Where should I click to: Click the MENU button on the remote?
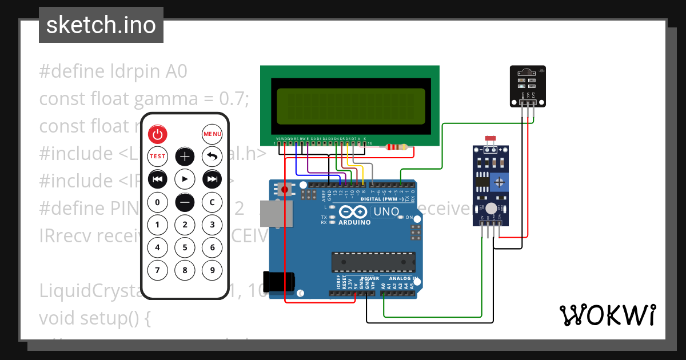click(x=212, y=134)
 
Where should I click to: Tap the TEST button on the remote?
click(x=158, y=156)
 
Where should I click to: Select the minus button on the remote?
click(x=185, y=202)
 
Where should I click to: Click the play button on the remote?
click(x=185, y=179)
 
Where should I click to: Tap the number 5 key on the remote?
click(x=185, y=247)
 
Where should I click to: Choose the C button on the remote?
click(x=212, y=202)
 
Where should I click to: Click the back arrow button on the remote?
click(x=212, y=156)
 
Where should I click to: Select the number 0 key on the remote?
click(x=158, y=202)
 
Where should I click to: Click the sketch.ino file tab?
click(x=101, y=25)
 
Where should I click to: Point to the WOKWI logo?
click(x=607, y=315)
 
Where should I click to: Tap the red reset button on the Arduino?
click(x=284, y=189)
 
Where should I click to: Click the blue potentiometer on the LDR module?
click(x=500, y=182)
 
